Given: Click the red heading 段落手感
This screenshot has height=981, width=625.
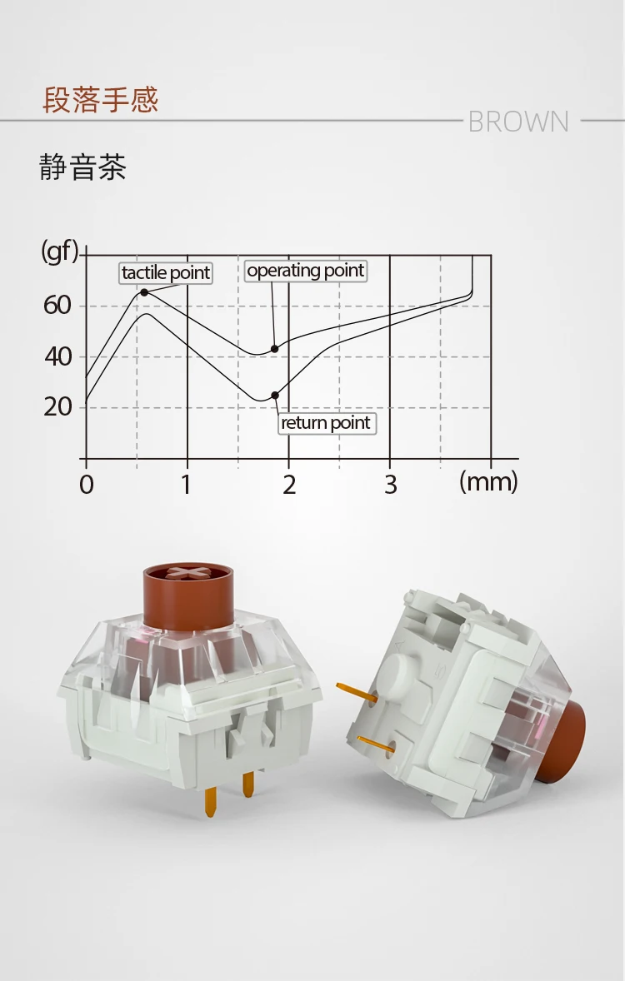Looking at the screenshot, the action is coord(100,100).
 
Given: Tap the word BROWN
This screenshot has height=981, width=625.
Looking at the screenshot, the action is coord(518,122).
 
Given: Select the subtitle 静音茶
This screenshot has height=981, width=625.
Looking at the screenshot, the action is coord(82,167).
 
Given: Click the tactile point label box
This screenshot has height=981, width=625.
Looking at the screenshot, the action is coord(166,273).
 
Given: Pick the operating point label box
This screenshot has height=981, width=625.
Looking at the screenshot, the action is coord(305,271).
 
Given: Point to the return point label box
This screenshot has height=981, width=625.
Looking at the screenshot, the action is coord(327,423).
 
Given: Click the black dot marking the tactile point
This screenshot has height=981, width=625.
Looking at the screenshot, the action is coord(144,292).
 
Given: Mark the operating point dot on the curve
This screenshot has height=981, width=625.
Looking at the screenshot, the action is coord(274,348).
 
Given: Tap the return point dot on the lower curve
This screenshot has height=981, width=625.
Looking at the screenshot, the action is coord(275,396).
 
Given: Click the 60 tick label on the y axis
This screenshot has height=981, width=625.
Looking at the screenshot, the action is coord(57,306).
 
